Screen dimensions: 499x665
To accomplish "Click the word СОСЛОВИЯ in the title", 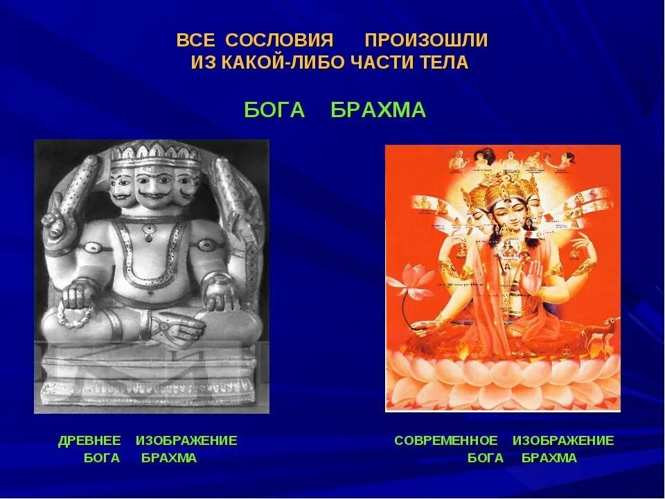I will click(281, 40).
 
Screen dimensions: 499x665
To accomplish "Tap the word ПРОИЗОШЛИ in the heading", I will click(426, 40).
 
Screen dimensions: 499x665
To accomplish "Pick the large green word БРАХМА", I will click(378, 110).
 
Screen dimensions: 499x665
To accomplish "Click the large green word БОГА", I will click(275, 110).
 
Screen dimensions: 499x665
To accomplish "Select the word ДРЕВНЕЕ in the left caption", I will click(89, 441).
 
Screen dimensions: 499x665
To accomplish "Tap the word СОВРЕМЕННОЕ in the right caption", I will click(446, 441).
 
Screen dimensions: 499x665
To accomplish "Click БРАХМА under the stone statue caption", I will click(169, 458).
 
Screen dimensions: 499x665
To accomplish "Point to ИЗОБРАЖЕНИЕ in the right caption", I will click(563, 441).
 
